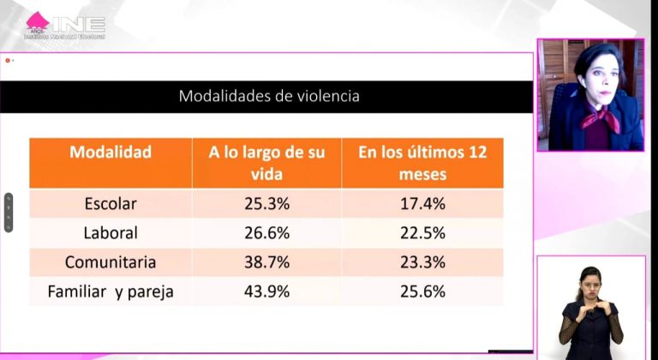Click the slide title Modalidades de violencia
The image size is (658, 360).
[x=269, y=96]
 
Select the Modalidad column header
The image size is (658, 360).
[x=111, y=153]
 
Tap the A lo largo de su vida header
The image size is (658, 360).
[x=266, y=163]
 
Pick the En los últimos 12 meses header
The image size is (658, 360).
[x=422, y=163]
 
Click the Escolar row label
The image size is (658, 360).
[x=111, y=204]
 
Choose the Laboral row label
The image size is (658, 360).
[x=111, y=233]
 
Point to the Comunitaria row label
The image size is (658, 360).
[x=111, y=262]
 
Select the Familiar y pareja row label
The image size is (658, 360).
[x=111, y=291]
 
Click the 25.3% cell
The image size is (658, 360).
[x=266, y=204]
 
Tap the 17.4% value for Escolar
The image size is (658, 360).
[x=422, y=204]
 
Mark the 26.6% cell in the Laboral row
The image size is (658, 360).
[x=266, y=233]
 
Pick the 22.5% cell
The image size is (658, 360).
[x=422, y=233]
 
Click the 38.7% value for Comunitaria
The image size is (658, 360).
[x=266, y=262]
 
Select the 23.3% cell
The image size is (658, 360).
[x=422, y=262]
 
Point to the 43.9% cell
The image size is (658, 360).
[x=266, y=291]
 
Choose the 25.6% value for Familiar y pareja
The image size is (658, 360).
[x=422, y=291]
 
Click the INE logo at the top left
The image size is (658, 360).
[x=65, y=25]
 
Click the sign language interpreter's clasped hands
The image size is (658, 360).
[x=589, y=311]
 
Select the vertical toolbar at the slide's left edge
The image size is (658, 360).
[x=9, y=213]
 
